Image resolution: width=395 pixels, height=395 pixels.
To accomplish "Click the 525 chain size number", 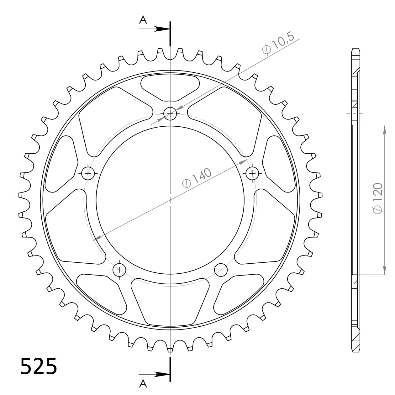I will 39,366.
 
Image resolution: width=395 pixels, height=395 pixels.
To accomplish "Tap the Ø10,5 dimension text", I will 278,44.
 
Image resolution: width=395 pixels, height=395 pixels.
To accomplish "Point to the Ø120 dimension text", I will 378,198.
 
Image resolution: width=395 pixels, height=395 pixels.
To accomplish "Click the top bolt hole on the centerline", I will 170,113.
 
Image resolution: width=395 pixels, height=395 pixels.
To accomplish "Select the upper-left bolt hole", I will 88,173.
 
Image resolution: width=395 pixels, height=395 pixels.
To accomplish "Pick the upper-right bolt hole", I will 252,173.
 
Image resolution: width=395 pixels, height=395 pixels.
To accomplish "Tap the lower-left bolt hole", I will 119,269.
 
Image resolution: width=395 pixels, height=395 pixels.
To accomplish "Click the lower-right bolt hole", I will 221,269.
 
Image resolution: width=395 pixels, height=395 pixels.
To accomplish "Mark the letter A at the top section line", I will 143,20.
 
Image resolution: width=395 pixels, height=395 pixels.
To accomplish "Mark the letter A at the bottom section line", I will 143,383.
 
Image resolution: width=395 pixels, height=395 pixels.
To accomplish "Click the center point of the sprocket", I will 170,200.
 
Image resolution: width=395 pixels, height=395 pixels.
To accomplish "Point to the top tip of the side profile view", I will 355,49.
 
